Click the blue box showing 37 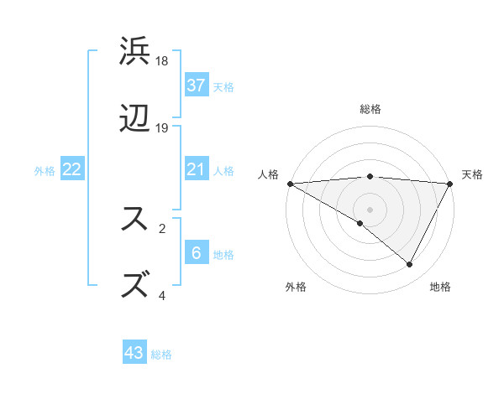coord(197,85)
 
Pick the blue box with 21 coord(197,169)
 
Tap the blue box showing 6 coord(197,253)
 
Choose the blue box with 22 coord(72,169)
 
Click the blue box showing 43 coord(134,353)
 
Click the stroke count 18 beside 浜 coord(163,61)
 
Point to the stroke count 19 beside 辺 coord(163,128)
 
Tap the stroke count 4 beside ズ coord(162,295)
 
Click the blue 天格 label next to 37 coord(223,86)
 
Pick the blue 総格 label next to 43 coord(161,354)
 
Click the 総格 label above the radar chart coord(370,109)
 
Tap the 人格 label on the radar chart coord(268,174)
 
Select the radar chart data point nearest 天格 coord(451,184)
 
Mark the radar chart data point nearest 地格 coord(410,265)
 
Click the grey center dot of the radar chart coord(370,209)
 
